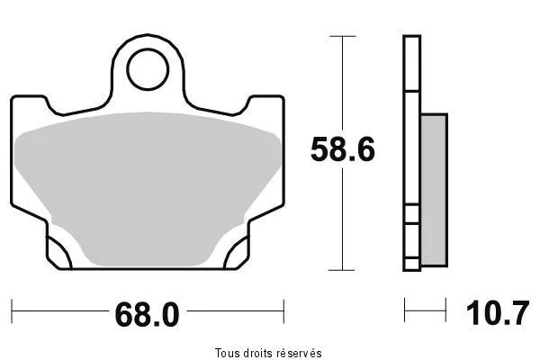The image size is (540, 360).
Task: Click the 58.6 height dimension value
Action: (342, 149)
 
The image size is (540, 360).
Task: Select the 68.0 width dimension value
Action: (148, 314)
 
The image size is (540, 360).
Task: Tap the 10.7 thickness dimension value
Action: (498, 313)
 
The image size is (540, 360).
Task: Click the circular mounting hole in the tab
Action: (148, 69)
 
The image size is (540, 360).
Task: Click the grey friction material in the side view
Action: (434, 190)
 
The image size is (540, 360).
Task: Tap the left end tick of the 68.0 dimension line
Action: (12, 311)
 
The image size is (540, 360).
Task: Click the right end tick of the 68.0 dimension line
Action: (283, 311)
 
